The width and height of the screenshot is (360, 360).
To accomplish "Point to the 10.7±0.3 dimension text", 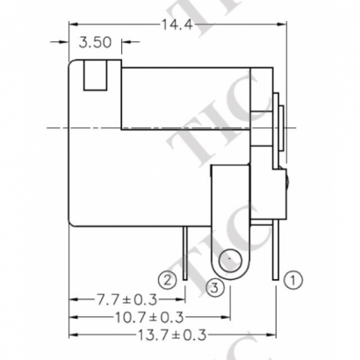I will tap(147, 317).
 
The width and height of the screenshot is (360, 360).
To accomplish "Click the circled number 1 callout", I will tap(295, 280).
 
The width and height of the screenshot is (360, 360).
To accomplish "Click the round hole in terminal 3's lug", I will tap(230, 260).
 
